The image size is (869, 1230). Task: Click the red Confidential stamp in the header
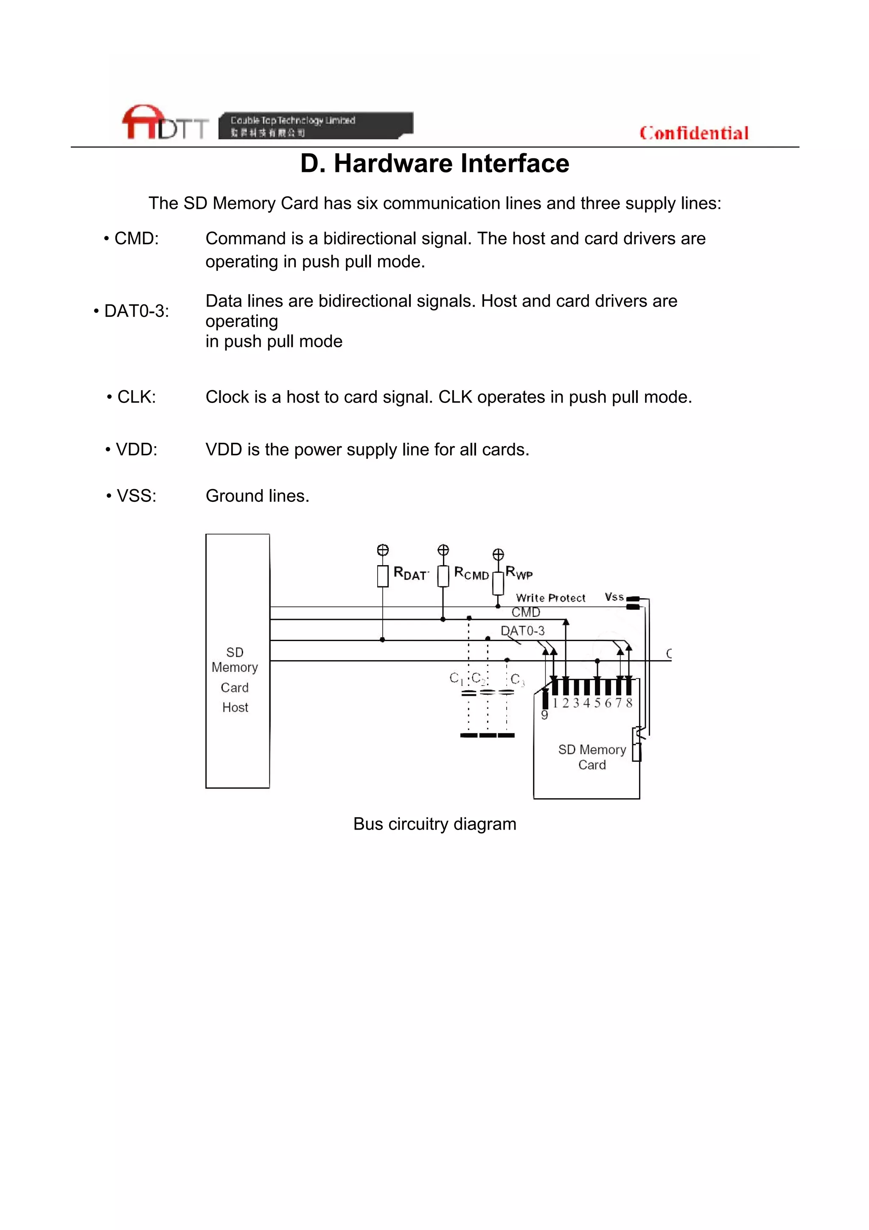click(693, 133)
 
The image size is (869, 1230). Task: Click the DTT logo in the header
click(165, 123)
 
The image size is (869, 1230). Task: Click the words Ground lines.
click(257, 495)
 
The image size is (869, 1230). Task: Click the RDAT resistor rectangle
click(382, 576)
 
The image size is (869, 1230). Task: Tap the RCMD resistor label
click(471, 573)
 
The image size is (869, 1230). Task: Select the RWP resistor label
click(519, 573)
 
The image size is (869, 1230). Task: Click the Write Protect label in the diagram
click(550, 598)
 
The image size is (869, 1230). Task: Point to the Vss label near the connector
click(614, 597)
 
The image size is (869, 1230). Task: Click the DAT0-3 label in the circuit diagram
click(523, 630)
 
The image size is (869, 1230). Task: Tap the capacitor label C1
click(456, 679)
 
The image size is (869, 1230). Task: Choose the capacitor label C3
click(517, 679)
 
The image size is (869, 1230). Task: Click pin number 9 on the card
click(544, 715)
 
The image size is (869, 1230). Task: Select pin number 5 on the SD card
click(597, 703)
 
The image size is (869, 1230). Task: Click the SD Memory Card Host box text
click(235, 679)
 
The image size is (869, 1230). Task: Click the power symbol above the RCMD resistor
click(443, 550)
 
